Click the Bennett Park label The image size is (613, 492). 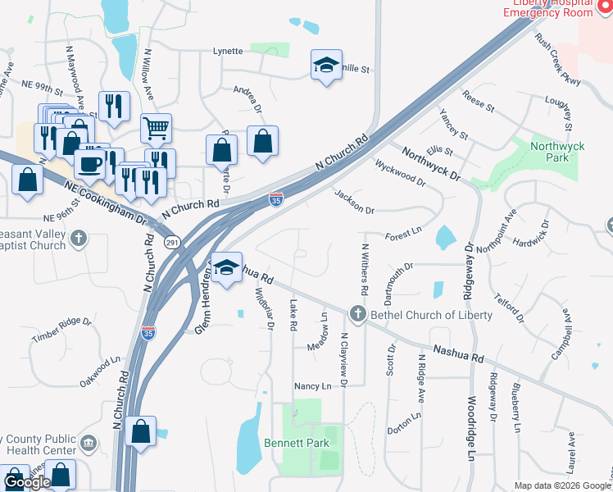[x=296, y=443]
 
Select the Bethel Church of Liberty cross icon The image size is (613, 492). [x=356, y=314]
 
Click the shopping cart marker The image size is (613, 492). [x=156, y=127]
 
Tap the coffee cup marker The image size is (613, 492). [x=89, y=163]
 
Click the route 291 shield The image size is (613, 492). [x=171, y=242]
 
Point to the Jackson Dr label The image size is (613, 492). [x=354, y=201]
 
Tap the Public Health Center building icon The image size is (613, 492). [x=89, y=444]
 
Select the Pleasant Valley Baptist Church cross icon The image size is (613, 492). [x=78, y=239]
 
